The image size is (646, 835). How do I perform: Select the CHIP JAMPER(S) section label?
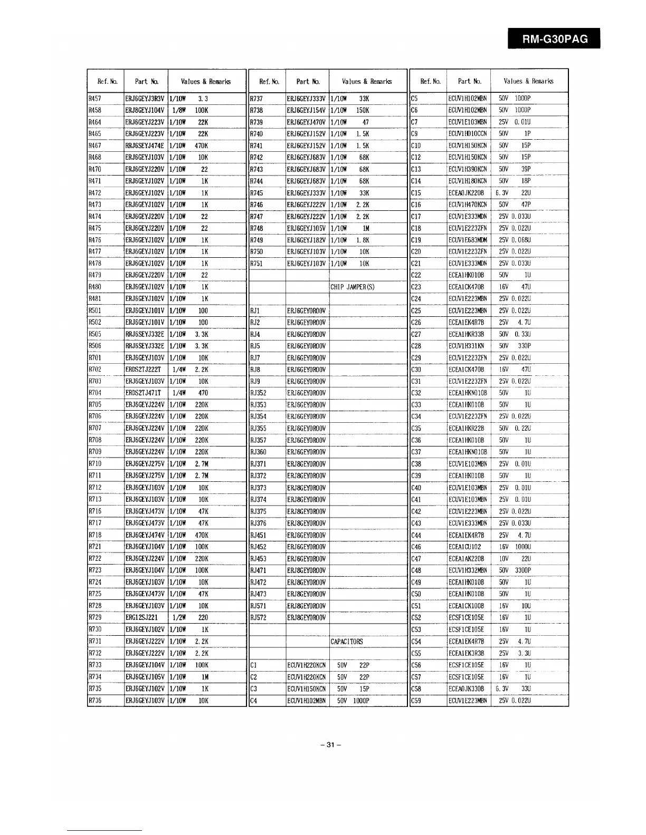pyautogui.click(x=352, y=287)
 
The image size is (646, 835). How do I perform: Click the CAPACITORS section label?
pyautogui.click(x=346, y=642)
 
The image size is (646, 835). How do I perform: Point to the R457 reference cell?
pyautogui.click(x=95, y=98)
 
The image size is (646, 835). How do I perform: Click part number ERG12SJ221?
pyautogui.click(x=141, y=618)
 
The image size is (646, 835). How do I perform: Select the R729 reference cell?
pyautogui.click(x=95, y=618)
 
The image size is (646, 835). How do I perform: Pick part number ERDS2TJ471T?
pyautogui.click(x=143, y=393)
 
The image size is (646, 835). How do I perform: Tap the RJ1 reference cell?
pyautogui.click(x=254, y=311)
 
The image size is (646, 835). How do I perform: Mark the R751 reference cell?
pyautogui.click(x=256, y=264)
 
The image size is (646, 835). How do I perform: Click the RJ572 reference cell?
pyautogui.click(x=258, y=618)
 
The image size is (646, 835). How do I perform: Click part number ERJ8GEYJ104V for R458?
pyautogui.click(x=145, y=110)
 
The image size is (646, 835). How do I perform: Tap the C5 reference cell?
pyautogui.click(x=414, y=98)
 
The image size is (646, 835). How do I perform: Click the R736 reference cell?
pyautogui.click(x=95, y=701)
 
